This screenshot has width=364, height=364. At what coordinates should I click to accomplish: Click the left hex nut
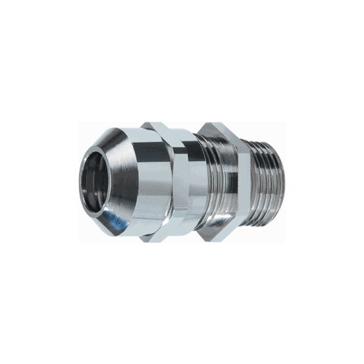180,182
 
